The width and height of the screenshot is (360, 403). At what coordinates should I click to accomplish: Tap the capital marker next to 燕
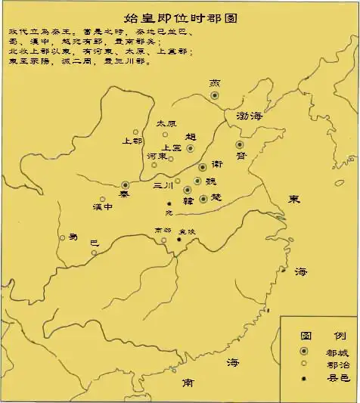pos(215,95)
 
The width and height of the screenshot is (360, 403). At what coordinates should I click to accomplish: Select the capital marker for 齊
pos(240,144)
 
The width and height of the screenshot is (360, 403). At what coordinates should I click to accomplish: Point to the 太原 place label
pos(166,122)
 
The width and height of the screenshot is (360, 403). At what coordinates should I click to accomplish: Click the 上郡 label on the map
pos(132,141)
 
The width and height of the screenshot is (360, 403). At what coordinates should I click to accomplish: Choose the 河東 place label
pos(157,157)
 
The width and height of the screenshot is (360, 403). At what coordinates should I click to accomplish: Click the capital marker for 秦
pos(126,184)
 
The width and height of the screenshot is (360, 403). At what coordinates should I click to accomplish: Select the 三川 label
pos(163,184)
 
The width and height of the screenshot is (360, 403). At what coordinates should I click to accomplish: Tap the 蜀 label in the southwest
pos(73,237)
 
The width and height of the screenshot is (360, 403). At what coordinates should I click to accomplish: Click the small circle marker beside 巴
pos(94,252)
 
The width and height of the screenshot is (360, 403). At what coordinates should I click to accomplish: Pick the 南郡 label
pos(163,230)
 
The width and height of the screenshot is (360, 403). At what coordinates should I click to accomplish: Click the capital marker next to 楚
pos(203,198)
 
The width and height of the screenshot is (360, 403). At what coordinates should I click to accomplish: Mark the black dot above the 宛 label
pos(170,203)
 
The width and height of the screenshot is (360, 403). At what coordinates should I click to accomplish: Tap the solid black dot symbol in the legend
pos(303,378)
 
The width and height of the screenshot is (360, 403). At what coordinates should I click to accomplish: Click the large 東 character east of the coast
pos(294,199)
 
